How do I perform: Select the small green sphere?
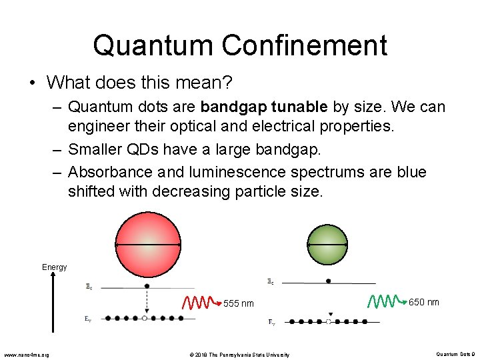pos(327,245)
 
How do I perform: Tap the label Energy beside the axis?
pos(55,267)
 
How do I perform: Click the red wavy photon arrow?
pos(202,303)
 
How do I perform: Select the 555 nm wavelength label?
pos(238,304)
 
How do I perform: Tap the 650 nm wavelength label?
pos(423,302)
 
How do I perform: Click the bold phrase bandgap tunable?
pos(263,107)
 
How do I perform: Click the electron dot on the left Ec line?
pos(147,286)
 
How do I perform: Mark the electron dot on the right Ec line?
pos(328,281)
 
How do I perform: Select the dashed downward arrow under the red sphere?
pos(146,302)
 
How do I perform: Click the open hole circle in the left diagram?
pos(145,319)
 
